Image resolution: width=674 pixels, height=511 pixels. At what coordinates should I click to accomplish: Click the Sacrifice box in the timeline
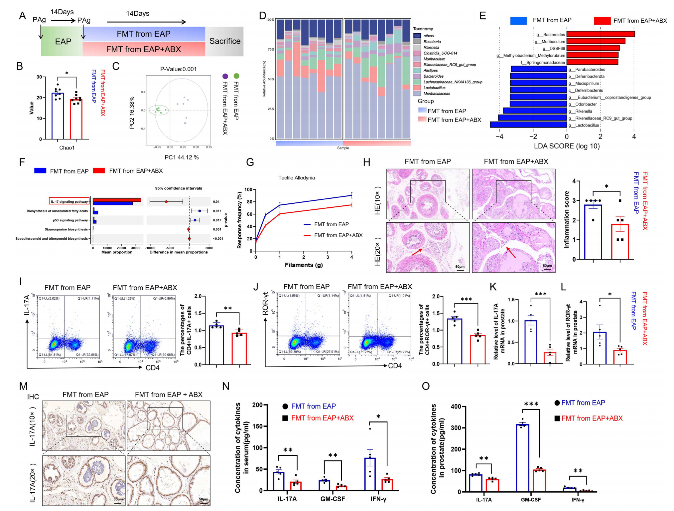point(225,41)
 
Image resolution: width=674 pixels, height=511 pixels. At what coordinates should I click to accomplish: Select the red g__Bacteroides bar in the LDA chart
point(601,34)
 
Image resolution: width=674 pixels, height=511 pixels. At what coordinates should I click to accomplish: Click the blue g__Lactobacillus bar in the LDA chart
point(528,125)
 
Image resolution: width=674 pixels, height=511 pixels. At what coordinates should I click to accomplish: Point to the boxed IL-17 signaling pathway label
point(69,201)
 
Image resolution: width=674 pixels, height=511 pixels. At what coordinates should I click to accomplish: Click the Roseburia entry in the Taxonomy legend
point(432,42)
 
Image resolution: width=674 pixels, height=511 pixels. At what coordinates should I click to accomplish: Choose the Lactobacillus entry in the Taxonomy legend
point(434,88)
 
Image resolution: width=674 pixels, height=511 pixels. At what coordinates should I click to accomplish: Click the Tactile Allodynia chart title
point(297,178)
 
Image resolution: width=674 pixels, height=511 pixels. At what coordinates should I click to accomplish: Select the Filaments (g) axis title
point(304,265)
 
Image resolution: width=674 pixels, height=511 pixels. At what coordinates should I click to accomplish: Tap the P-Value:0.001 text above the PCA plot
point(179,69)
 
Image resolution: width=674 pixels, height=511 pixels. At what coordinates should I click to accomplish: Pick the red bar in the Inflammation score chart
point(620,242)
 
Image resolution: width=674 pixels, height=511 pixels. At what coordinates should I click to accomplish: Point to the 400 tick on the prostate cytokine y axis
point(456,406)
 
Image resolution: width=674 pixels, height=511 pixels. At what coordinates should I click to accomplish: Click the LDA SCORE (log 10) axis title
point(567,146)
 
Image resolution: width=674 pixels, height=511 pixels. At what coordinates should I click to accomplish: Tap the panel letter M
point(23,386)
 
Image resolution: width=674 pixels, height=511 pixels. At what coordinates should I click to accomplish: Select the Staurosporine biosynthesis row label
point(66,229)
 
